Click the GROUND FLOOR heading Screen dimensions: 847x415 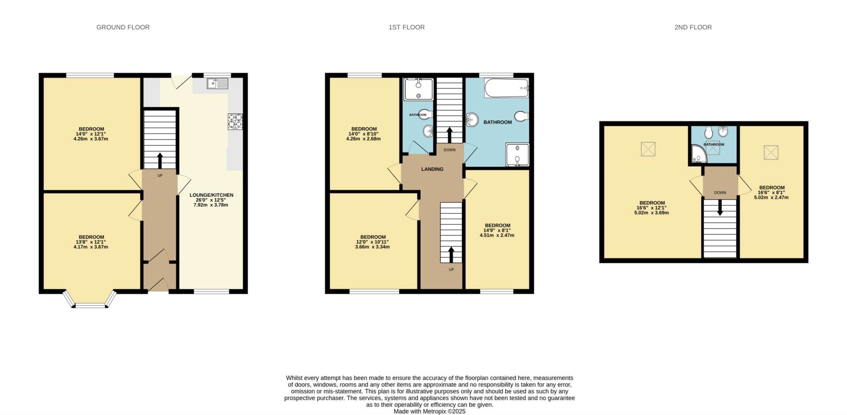[x=123, y=27]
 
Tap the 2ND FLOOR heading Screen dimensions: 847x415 [x=693, y=27]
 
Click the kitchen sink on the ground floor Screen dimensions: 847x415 [x=217, y=83]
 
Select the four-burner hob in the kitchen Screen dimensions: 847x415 [x=235, y=122]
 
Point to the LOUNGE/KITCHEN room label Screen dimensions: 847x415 [x=211, y=195]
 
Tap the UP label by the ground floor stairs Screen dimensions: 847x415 [x=160, y=175]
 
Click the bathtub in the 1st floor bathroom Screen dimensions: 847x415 [x=506, y=88]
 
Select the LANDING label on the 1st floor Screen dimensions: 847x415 [x=432, y=169]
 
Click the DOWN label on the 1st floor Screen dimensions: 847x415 [x=450, y=150]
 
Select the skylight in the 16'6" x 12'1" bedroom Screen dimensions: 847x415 [x=648, y=149]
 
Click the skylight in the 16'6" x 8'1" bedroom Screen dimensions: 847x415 [x=771, y=152]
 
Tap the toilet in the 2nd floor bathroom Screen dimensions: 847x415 [x=709, y=132]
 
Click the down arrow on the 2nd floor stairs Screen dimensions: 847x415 [x=720, y=208]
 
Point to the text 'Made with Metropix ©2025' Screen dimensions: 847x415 [x=430, y=411]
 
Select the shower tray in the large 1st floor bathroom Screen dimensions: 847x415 [x=517, y=155]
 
